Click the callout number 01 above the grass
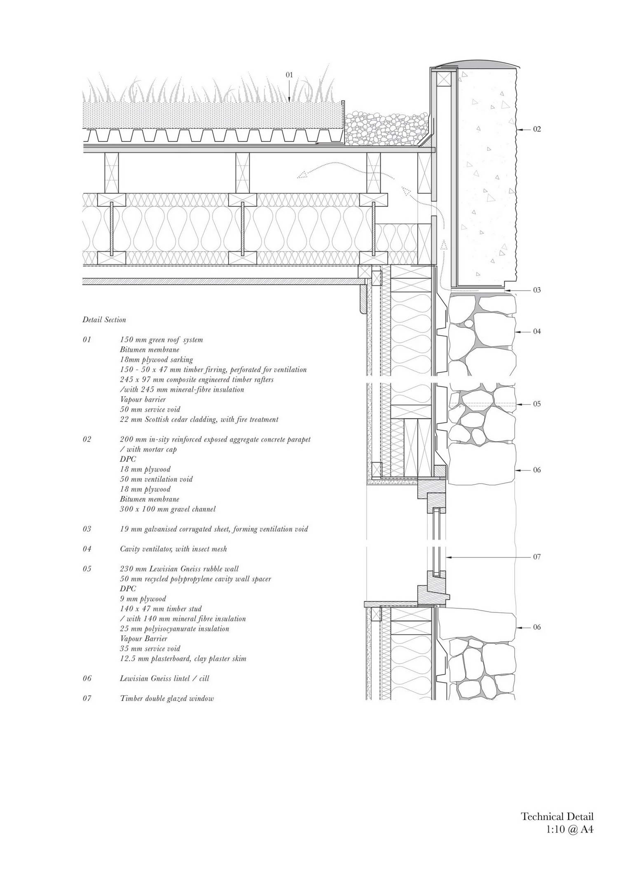[289, 75]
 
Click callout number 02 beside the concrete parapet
[537, 129]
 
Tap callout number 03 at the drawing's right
[537, 290]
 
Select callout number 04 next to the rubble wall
[537, 332]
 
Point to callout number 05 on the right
[537, 404]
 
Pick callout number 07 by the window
[537, 557]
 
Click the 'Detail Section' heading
[104, 320]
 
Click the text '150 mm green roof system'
[162, 340]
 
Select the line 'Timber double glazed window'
[167, 699]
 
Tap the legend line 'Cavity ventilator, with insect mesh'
[173, 549]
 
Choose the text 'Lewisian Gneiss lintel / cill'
[165, 678]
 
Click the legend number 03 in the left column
[87, 529]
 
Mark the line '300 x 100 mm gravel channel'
[168, 509]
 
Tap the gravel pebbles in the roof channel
[386, 128]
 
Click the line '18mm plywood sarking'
[157, 360]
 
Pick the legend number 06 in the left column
[87, 678]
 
